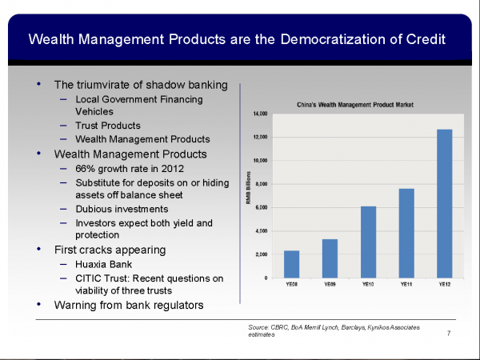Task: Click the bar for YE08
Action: click(291, 264)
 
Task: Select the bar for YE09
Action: click(330, 258)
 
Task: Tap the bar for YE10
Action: click(368, 242)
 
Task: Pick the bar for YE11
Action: click(406, 233)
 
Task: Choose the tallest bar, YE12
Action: click(445, 203)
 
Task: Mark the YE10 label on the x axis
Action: click(368, 284)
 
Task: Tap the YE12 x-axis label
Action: click(445, 284)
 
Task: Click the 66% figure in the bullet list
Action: click(85, 168)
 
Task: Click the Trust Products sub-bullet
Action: click(108, 126)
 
